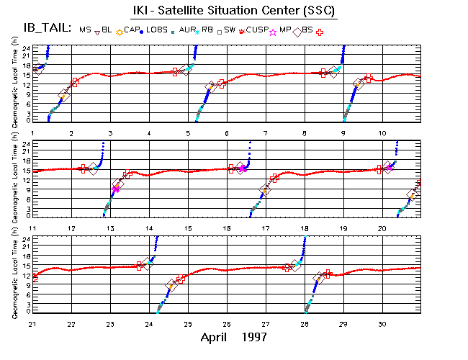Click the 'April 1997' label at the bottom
[234, 336]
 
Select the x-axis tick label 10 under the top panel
[382, 133]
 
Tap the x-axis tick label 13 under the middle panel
[110, 228]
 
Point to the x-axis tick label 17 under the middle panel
[266, 228]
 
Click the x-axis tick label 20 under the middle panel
[382, 228]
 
